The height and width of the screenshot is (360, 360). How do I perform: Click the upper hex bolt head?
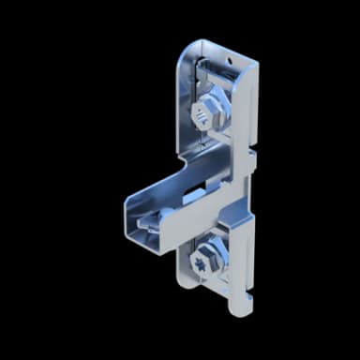point(202,115)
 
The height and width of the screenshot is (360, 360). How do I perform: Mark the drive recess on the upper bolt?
point(200,116)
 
